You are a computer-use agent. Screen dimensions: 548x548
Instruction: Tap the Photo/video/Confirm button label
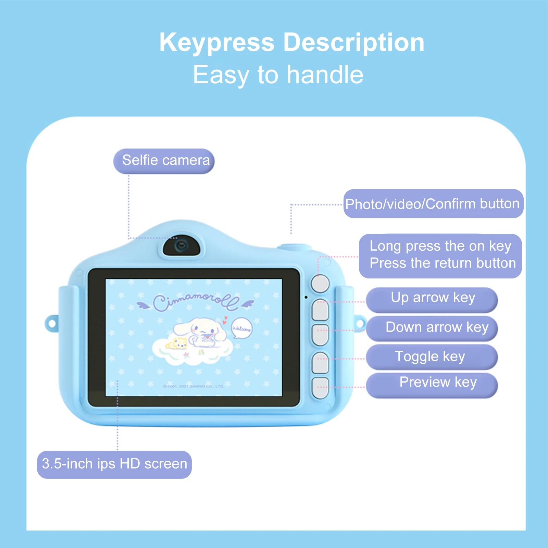pyautogui.click(x=433, y=204)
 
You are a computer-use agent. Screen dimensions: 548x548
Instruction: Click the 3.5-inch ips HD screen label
pyautogui.click(x=114, y=464)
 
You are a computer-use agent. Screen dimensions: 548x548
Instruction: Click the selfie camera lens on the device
pyautogui.click(x=180, y=246)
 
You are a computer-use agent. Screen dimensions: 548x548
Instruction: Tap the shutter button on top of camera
pyautogui.click(x=294, y=247)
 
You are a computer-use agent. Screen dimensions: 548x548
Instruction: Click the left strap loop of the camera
pyautogui.click(x=52, y=324)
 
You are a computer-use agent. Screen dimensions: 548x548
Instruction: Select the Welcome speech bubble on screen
pyautogui.click(x=241, y=328)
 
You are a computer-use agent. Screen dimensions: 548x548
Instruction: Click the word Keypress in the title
pyautogui.click(x=217, y=42)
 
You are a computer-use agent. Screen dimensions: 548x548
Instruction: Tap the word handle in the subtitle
pyautogui.click(x=325, y=75)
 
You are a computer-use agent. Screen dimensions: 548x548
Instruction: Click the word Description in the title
pyautogui.click(x=353, y=42)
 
